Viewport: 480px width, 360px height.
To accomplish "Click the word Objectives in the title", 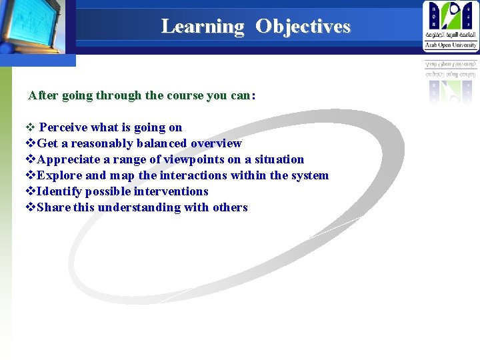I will pyautogui.click(x=303, y=27).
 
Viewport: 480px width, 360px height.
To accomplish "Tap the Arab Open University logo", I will pyautogui.click(x=451, y=26).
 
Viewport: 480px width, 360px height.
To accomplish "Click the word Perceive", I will pyautogui.click(x=64, y=127).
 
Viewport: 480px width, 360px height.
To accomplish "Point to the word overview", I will pyautogui.click(x=216, y=143).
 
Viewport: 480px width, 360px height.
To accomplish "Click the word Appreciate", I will pyautogui.click(x=69, y=159).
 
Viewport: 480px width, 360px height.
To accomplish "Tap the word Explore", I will pyautogui.click(x=60, y=175).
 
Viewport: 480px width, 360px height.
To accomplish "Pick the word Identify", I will pyautogui.click(x=61, y=191).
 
